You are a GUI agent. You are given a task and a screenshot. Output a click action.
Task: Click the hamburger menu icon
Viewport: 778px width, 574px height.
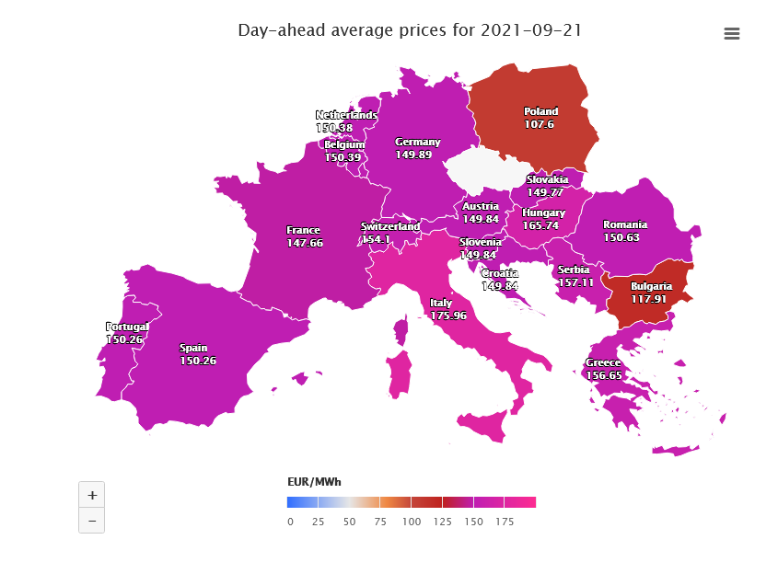[x=732, y=34]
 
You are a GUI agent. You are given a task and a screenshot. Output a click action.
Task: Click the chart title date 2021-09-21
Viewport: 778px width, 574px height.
[x=530, y=30]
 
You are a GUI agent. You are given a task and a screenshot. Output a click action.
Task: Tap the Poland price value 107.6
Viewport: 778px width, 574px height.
[x=540, y=123]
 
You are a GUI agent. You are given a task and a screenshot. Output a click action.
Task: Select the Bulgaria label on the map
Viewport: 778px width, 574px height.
[x=651, y=286]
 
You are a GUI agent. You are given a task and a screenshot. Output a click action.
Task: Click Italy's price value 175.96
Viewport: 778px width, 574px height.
[x=448, y=316]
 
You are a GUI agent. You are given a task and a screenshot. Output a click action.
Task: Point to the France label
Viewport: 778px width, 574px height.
[x=303, y=230]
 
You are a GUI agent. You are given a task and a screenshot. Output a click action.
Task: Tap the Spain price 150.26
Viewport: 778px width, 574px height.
[x=198, y=361]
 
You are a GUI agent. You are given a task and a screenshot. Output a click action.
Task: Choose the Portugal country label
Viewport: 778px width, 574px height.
[x=127, y=327]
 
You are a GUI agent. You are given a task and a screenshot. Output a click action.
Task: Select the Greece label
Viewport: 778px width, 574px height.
[x=604, y=362]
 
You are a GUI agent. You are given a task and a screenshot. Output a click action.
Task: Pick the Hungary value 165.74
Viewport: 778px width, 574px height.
[x=540, y=225]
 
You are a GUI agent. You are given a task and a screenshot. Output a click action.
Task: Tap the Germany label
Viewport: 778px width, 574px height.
[x=417, y=142]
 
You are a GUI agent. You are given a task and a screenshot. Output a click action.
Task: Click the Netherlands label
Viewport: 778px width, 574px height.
[x=346, y=115]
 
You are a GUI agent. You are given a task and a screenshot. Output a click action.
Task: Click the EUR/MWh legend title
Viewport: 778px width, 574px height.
[x=314, y=482]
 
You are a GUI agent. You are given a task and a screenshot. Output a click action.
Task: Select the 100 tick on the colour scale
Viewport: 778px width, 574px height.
[x=412, y=522]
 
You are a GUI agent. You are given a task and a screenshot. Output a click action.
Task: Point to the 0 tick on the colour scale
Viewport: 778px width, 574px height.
[x=290, y=522]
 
